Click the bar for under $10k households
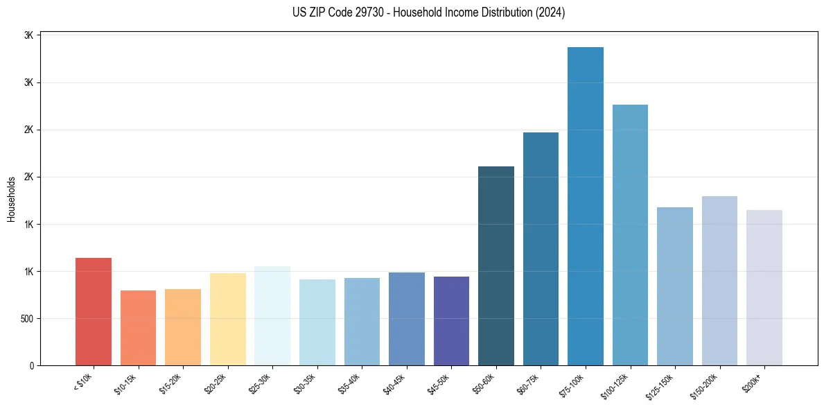click(93, 311)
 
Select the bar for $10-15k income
click(138, 327)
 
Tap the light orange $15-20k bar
click(183, 327)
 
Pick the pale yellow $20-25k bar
click(227, 319)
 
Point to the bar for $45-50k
click(451, 320)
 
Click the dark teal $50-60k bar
click(496, 266)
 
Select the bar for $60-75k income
click(541, 248)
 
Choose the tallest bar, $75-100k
click(586, 206)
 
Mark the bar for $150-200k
click(719, 280)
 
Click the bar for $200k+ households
click(764, 287)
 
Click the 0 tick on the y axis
click(32, 366)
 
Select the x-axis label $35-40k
click(351, 385)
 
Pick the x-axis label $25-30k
click(262, 385)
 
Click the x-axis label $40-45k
click(396, 385)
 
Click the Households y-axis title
click(11, 200)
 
